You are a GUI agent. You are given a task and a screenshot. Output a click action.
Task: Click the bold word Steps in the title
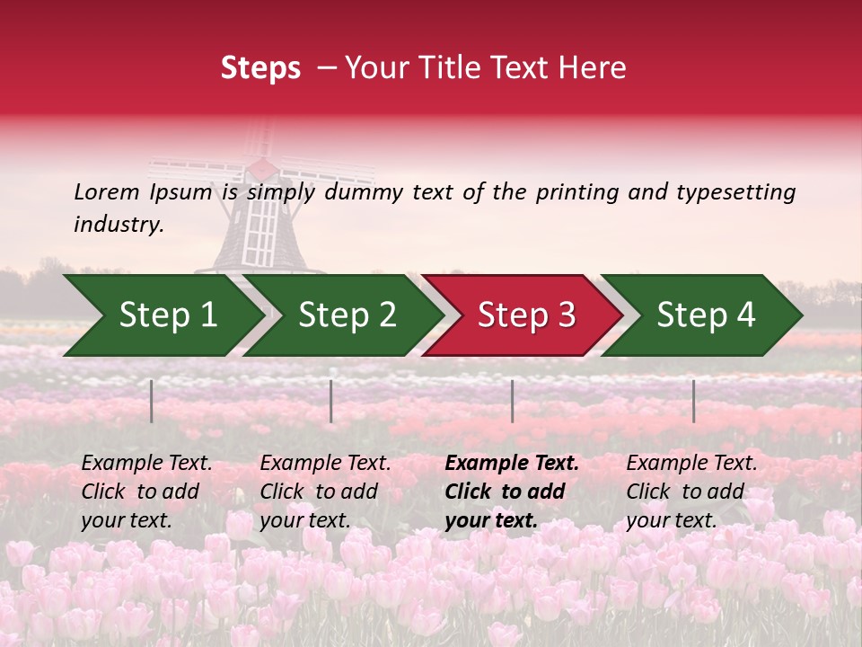point(260,68)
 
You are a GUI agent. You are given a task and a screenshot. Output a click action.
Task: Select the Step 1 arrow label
point(168,315)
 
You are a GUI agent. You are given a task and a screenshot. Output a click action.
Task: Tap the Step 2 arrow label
point(347,315)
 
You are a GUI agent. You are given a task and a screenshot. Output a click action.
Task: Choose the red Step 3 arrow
point(526,315)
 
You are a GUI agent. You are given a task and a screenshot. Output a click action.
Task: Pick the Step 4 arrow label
point(706,315)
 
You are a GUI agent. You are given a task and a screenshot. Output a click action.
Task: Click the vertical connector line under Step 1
point(152,401)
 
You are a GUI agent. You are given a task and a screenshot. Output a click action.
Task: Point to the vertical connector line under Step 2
point(331,401)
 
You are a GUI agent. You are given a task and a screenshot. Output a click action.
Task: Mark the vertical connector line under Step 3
point(513,401)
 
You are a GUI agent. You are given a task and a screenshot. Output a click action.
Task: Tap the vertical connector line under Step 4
point(693,401)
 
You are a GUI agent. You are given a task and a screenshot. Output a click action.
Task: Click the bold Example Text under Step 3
point(512,464)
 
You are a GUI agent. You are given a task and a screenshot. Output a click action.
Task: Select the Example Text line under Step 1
point(146,464)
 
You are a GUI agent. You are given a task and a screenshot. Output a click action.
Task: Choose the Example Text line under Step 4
point(691,464)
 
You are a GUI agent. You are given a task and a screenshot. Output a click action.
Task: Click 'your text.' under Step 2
point(305,521)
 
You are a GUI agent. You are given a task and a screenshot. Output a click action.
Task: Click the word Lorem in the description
point(107,192)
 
